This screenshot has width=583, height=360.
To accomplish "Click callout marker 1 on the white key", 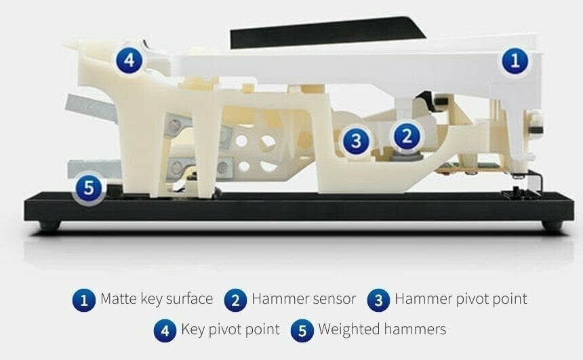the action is [x=515, y=60].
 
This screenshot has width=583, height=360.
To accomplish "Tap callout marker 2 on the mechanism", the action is [x=407, y=136].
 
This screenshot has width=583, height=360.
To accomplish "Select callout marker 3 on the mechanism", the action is [x=356, y=140].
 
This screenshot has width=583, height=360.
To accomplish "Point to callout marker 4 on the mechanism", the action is [x=129, y=60].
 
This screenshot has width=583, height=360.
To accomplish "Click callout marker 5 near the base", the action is [x=89, y=187].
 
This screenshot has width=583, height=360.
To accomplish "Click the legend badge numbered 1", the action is [x=84, y=300].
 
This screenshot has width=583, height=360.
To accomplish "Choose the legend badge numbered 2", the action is [x=236, y=300].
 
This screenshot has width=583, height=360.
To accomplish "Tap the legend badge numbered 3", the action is [x=378, y=300].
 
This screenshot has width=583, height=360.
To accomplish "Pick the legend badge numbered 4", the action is [x=165, y=331].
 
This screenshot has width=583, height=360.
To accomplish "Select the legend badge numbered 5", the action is [x=302, y=331].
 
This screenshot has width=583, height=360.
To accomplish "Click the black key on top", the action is [x=327, y=33].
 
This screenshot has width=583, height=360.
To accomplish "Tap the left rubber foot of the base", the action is [x=49, y=225].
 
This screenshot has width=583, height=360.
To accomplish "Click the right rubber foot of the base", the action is [x=552, y=225].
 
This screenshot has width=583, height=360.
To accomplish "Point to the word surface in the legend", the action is [x=189, y=298].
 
